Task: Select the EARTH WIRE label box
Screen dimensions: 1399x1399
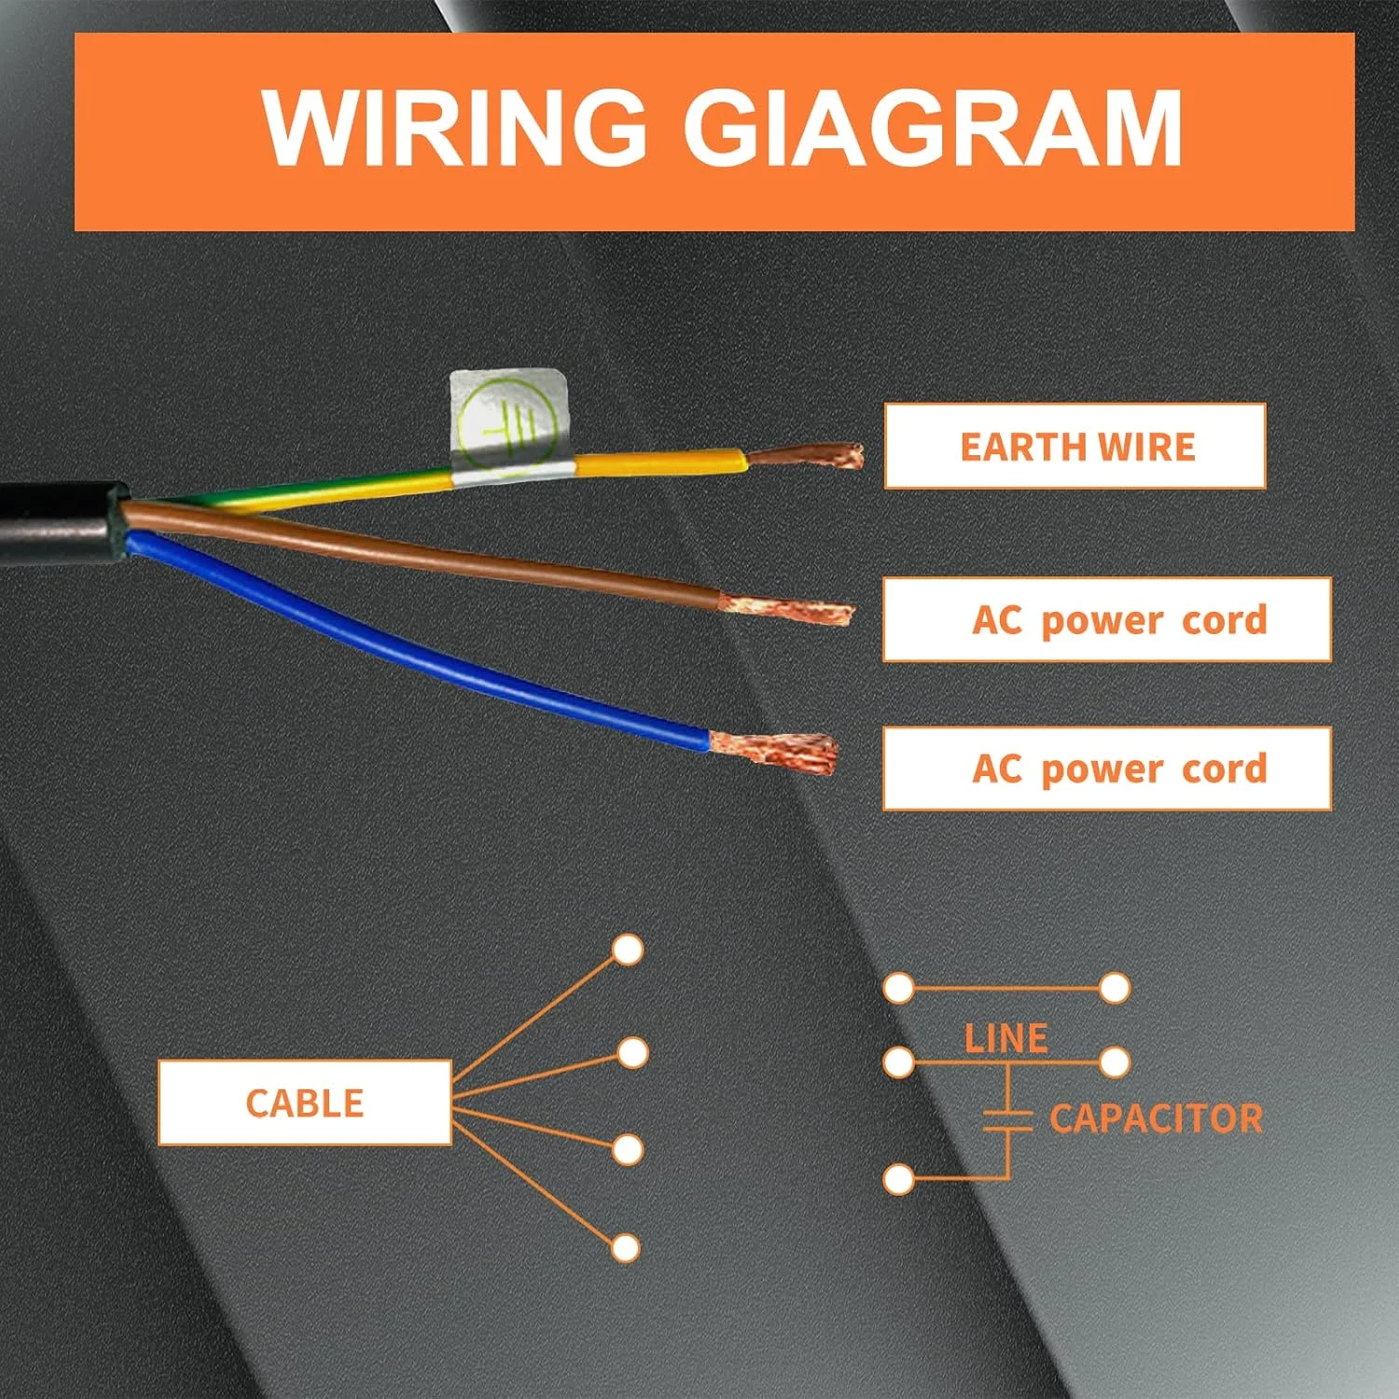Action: tap(1075, 446)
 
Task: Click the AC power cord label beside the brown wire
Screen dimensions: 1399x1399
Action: tap(1107, 619)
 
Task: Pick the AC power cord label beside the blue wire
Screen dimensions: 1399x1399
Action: tap(1107, 769)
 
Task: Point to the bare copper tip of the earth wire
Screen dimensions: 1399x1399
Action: tap(811, 456)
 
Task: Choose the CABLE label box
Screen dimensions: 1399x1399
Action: tap(305, 1102)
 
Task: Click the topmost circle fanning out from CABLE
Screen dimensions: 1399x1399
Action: tap(628, 950)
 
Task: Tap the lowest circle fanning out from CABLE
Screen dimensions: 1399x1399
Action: tap(625, 1248)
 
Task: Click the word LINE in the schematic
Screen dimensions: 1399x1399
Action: tap(1005, 1038)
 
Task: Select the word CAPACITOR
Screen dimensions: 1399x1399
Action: tap(1156, 1118)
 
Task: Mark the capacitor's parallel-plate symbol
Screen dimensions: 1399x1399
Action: tap(1007, 1120)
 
